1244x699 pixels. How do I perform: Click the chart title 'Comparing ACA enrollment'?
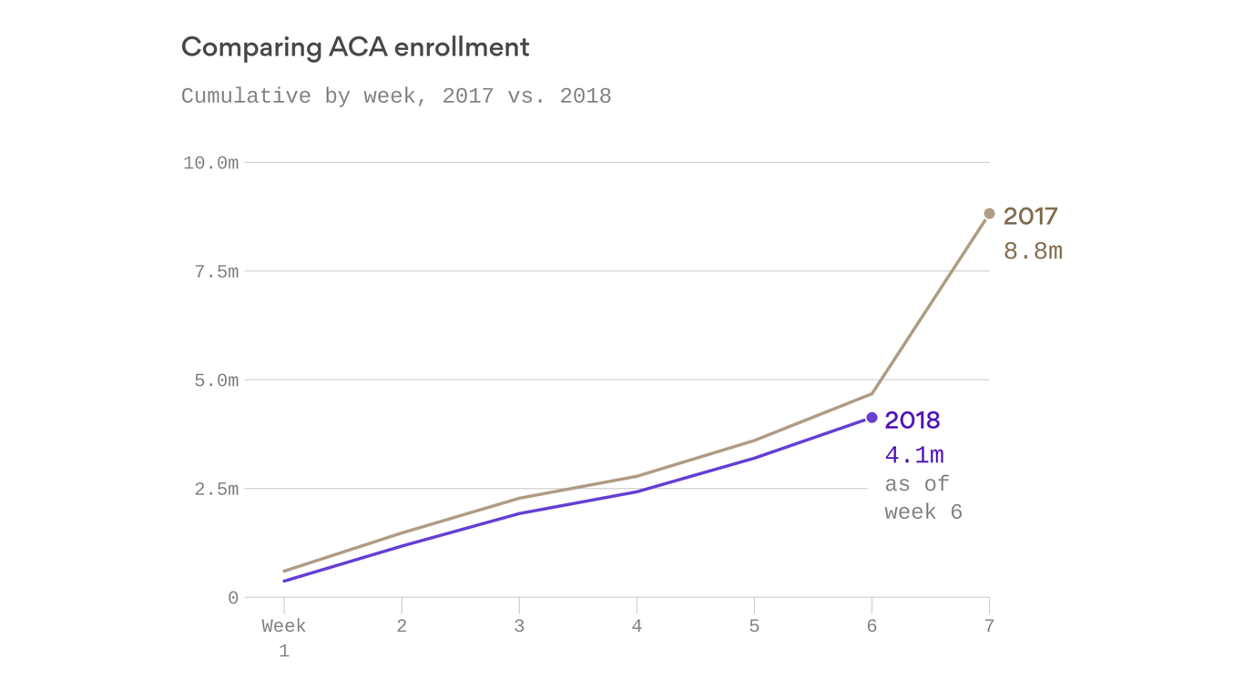(355, 47)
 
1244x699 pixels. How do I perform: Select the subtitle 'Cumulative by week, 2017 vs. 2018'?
(396, 96)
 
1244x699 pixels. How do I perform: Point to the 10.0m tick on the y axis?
(210, 163)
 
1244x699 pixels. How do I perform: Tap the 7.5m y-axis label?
(216, 272)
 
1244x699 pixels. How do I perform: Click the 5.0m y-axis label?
(216, 380)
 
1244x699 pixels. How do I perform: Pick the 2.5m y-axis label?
(216, 490)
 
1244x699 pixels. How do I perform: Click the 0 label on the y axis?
(233, 598)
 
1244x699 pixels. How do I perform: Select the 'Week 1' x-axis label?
(284, 639)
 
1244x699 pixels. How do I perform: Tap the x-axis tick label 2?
(402, 626)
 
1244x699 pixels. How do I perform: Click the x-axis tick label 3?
(519, 626)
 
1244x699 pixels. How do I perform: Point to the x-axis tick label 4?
(637, 626)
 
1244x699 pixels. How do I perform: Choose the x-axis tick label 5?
(754, 626)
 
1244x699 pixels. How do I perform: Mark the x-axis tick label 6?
(872, 626)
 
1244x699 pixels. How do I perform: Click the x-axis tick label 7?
(989, 626)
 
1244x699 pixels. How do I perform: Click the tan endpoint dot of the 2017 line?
(989, 214)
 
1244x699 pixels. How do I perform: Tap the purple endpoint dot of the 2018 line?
(872, 418)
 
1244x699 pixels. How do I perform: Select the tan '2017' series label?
(1030, 217)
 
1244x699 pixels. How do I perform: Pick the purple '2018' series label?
(912, 420)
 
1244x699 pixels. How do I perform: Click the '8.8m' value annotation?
(1033, 251)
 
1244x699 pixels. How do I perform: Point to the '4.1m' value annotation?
(914, 455)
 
